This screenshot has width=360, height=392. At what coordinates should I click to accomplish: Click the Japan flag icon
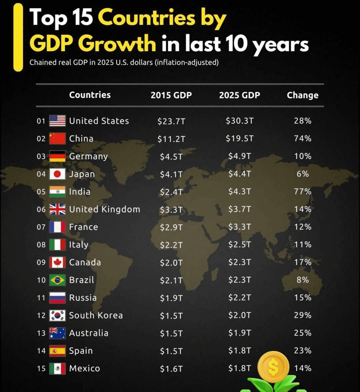[x=57, y=174]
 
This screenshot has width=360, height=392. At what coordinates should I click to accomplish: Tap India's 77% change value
[x=302, y=191]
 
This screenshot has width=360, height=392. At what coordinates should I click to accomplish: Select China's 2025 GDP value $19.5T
[x=239, y=138]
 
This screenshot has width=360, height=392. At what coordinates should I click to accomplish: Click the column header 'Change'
[x=302, y=95]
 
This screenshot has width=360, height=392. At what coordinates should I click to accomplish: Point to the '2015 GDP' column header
[x=171, y=95]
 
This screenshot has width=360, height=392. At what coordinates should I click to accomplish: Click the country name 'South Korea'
[x=96, y=315]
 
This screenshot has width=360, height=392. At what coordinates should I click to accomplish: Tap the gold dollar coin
[x=273, y=367]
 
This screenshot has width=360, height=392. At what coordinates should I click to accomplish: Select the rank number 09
[x=41, y=262]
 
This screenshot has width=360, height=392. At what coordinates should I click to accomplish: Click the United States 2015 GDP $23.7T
[x=171, y=121]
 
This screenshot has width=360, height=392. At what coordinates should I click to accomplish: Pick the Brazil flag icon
[x=57, y=280]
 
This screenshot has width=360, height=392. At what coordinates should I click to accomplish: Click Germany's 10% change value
[x=302, y=156]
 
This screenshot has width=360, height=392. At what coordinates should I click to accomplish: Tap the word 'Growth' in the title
[x=119, y=43]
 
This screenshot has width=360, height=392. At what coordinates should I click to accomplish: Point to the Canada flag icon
[x=57, y=262]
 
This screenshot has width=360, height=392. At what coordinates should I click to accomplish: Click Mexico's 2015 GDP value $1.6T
[x=171, y=369]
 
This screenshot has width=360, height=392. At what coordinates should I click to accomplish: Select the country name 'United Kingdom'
[x=104, y=209]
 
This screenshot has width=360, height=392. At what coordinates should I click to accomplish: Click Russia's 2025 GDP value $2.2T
[x=239, y=298]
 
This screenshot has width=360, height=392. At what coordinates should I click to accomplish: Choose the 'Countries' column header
[x=90, y=95]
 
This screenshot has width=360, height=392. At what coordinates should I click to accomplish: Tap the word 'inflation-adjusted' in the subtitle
[x=187, y=62]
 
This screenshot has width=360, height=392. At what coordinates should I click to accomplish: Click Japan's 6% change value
[x=302, y=174]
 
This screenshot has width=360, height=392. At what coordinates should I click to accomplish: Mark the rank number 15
[x=41, y=368]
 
